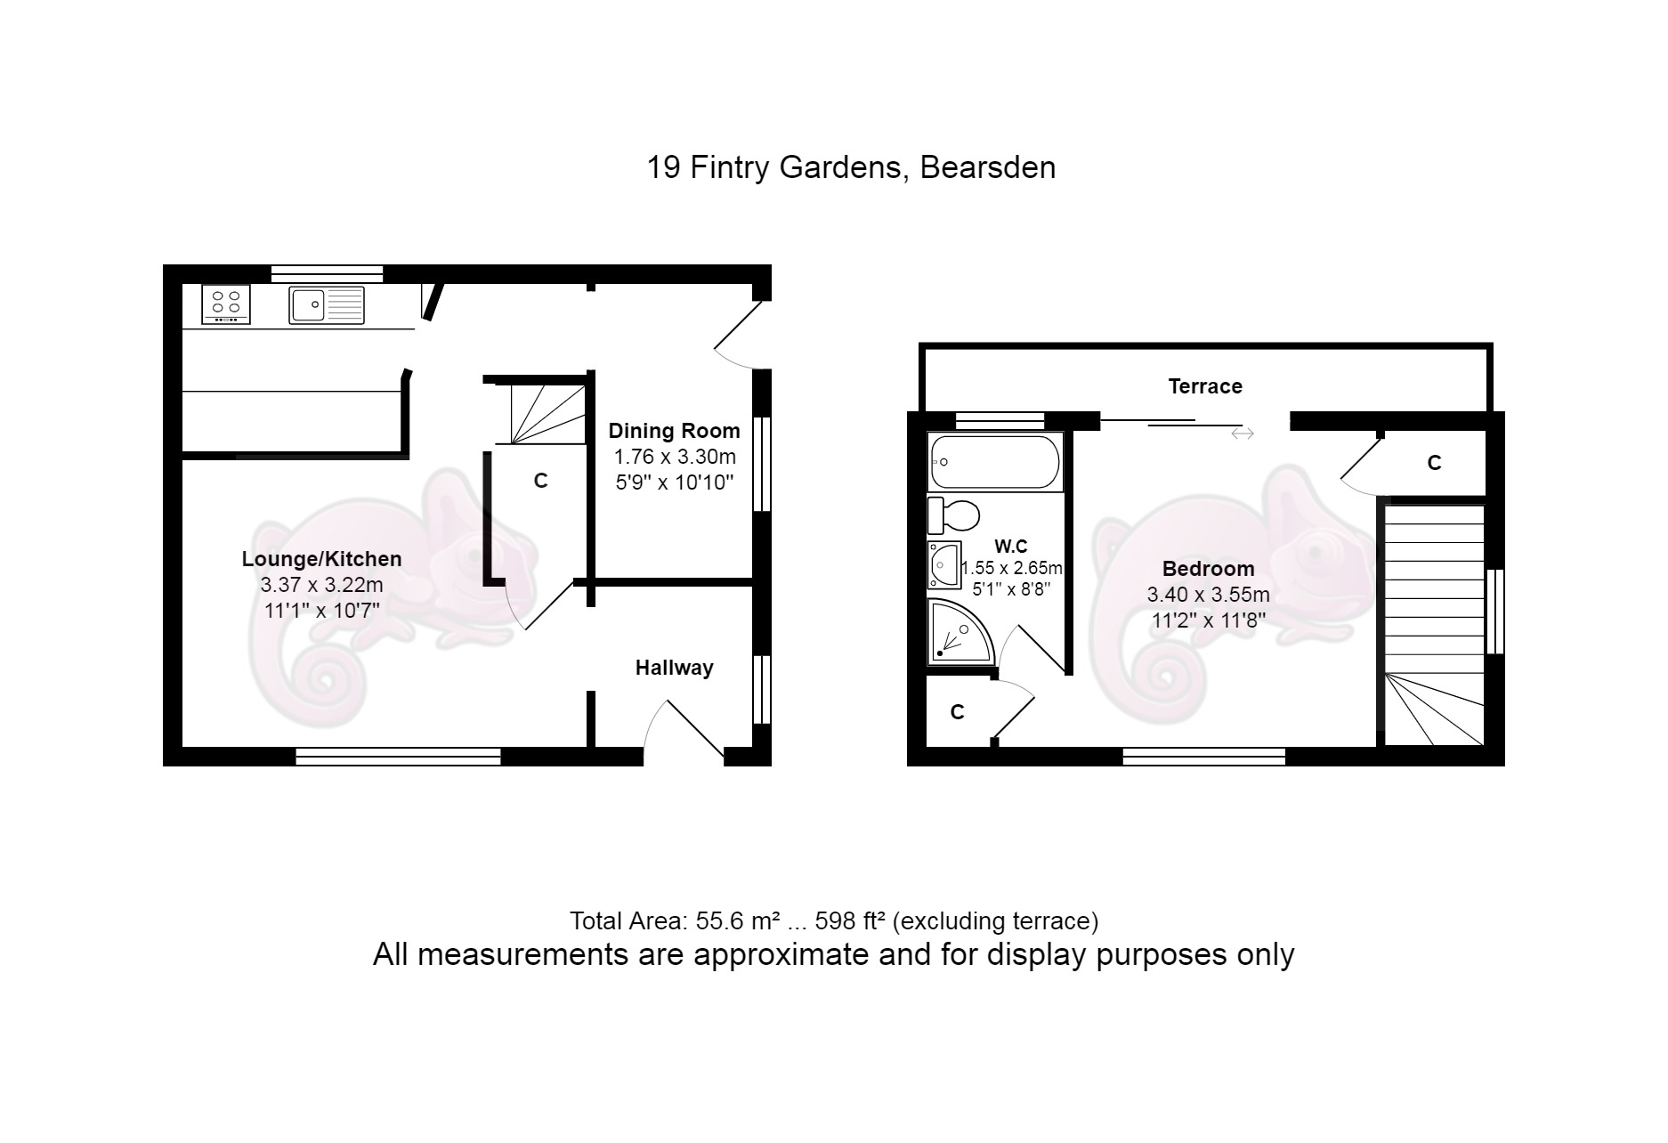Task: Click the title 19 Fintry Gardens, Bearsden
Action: pyautogui.click(x=851, y=167)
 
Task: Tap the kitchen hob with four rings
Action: pyautogui.click(x=226, y=304)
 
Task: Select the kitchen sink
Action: pyautogui.click(x=327, y=304)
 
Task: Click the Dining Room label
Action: pyautogui.click(x=674, y=431)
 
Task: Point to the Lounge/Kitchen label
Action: pyautogui.click(x=321, y=559)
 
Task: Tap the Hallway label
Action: pyautogui.click(x=674, y=668)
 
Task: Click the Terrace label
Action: pyautogui.click(x=1205, y=386)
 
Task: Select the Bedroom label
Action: pyautogui.click(x=1208, y=569)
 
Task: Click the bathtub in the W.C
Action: pyautogui.click(x=995, y=461)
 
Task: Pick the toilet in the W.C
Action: pyautogui.click(x=953, y=515)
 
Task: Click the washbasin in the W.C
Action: pyautogui.click(x=942, y=564)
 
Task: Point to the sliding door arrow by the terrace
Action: pyautogui.click(x=1243, y=434)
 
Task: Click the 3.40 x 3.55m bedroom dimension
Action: pyautogui.click(x=1208, y=595)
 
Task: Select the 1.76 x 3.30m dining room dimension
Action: pyautogui.click(x=675, y=458)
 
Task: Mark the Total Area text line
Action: pyautogui.click(x=834, y=920)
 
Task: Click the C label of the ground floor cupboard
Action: pyautogui.click(x=540, y=481)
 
